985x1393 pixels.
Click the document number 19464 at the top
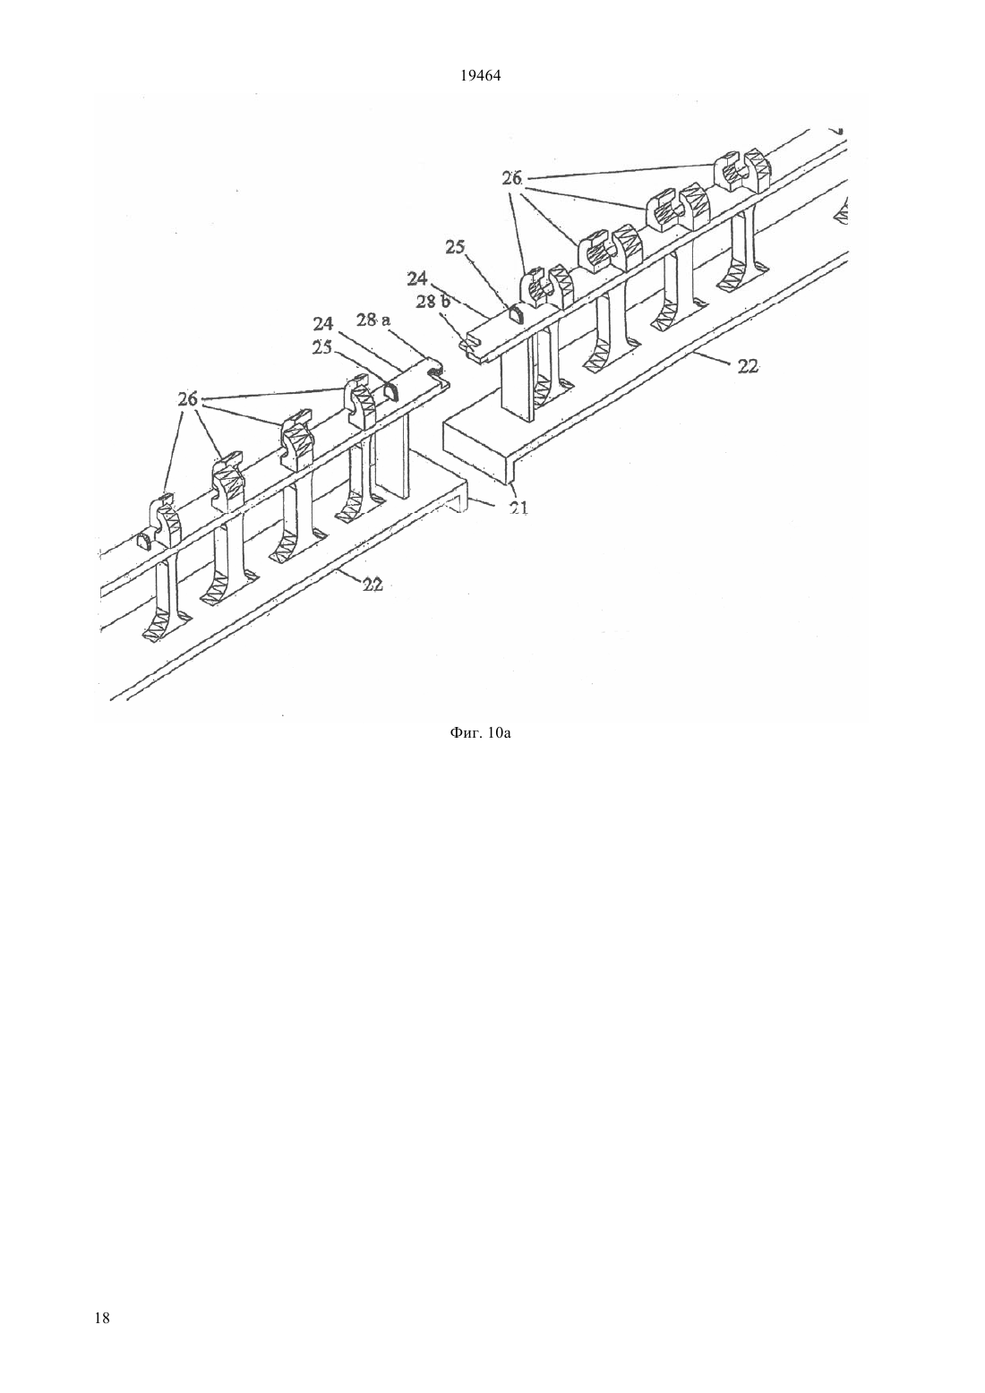(480, 76)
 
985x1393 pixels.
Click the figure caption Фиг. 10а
(480, 733)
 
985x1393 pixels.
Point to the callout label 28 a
(373, 320)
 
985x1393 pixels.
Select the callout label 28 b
(433, 303)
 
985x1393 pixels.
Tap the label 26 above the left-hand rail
(187, 399)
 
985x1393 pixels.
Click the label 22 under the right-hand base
(748, 367)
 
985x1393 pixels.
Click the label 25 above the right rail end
(455, 247)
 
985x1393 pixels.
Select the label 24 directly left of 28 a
(322, 323)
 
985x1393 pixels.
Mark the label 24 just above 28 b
(417, 278)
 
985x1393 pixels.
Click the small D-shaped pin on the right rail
(516, 314)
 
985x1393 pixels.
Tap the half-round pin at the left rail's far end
(146, 540)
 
